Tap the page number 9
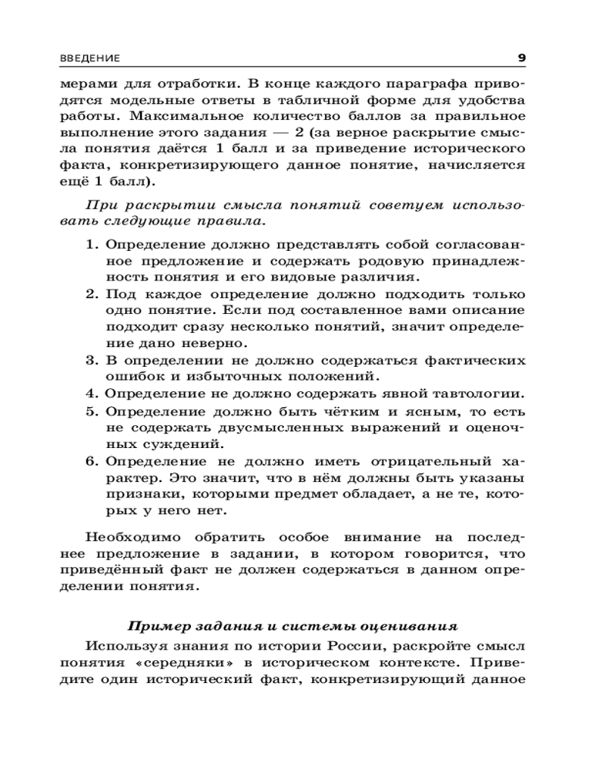[521, 58]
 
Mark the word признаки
[133, 494]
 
